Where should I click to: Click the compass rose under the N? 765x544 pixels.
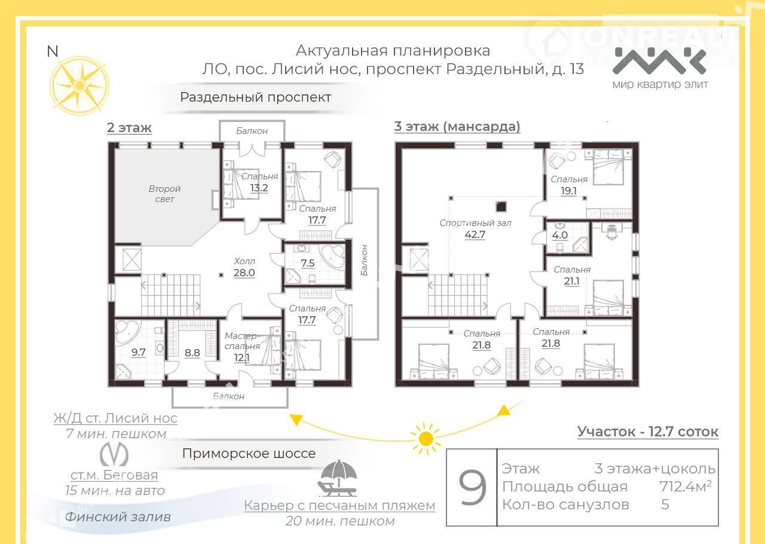[79, 85]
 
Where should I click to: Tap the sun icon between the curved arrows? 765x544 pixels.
[426, 438]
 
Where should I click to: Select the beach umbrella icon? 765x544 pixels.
[338, 478]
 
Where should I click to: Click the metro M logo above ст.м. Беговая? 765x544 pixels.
[114, 454]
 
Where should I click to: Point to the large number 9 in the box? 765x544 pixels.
[472, 487]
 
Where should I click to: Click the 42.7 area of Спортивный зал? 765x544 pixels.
[475, 235]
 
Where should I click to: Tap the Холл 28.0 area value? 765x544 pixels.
[244, 273]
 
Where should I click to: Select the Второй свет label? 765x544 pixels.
[164, 194]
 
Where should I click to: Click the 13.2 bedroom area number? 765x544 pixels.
[259, 188]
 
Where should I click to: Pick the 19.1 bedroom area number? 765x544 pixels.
[568, 191]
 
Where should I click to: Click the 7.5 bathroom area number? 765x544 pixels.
[307, 263]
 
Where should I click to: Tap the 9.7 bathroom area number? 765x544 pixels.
[138, 352]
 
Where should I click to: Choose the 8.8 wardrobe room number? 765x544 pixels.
[192, 353]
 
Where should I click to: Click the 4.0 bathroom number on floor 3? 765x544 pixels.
[560, 235]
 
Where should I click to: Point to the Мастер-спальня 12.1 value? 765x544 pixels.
[242, 357]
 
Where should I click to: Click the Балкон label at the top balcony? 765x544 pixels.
[252, 131]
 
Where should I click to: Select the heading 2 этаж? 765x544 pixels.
[129, 127]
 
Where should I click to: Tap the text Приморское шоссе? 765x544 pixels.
[249, 454]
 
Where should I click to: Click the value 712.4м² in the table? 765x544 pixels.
[686, 486]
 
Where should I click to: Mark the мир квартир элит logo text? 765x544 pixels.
[660, 84]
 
